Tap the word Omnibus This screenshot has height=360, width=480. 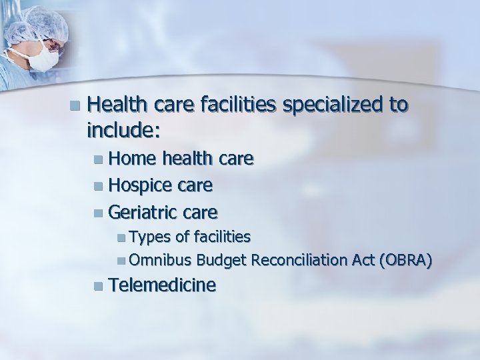pos(158,259)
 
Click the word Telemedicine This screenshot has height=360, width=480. pos(162,285)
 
